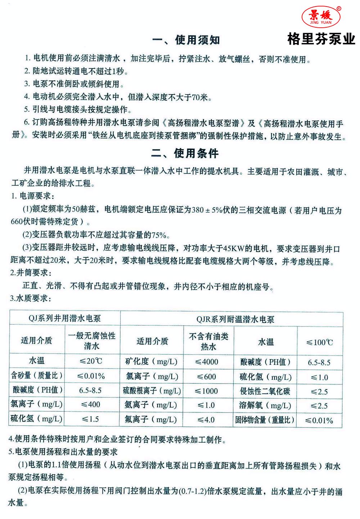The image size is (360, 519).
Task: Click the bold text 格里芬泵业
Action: click(x=321, y=39)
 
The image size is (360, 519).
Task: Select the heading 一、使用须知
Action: click(x=186, y=40)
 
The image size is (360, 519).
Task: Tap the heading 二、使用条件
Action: click(x=185, y=154)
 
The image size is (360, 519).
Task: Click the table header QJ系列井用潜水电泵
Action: click(x=65, y=318)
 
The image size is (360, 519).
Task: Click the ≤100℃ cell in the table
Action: click(x=319, y=342)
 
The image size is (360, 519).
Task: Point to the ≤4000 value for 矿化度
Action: click(x=206, y=362)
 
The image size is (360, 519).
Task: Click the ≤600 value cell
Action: click(x=206, y=377)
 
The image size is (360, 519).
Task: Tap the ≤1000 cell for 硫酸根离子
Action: click(x=206, y=391)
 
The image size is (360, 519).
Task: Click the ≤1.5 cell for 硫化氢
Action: click(x=90, y=419)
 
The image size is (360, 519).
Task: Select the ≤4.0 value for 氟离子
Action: click(x=206, y=420)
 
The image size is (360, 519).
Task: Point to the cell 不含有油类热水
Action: click(x=208, y=341)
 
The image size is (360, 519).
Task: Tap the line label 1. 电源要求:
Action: click(x=32, y=196)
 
